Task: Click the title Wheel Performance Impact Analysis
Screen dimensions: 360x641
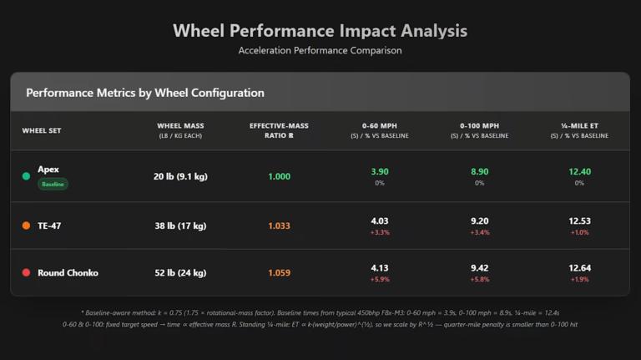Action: (320, 31)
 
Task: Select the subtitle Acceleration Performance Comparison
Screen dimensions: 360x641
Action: (320, 51)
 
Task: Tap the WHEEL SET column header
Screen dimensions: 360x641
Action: (41, 130)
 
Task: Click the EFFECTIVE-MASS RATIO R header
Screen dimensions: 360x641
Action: (279, 130)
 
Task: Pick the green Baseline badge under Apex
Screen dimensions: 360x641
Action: (53, 184)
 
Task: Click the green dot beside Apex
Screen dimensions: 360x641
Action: (26, 176)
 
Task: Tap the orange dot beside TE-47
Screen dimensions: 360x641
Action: (26, 226)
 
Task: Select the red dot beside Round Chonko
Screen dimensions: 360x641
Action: (26, 273)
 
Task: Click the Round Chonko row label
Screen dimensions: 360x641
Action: (68, 273)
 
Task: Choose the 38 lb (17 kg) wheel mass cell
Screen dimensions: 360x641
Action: (180, 226)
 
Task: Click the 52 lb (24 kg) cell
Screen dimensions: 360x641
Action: (180, 273)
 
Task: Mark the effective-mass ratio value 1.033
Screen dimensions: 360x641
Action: (279, 226)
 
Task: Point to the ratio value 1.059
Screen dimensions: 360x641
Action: (279, 273)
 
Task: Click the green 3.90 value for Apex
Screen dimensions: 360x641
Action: (379, 172)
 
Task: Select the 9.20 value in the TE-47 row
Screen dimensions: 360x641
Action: (479, 221)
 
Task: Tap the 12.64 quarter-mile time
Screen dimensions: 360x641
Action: (579, 268)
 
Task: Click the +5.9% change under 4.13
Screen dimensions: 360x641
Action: (379, 280)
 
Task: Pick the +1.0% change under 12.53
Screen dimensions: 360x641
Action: (579, 232)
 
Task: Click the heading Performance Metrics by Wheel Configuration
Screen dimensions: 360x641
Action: (145, 93)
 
